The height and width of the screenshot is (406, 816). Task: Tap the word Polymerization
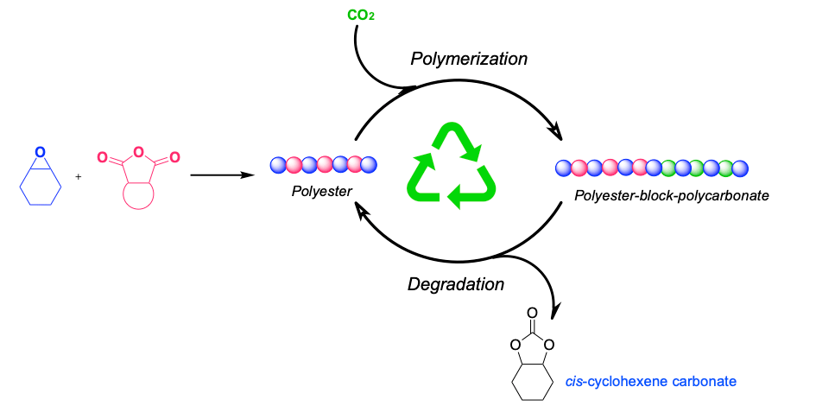468,59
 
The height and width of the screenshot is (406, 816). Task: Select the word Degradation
456,283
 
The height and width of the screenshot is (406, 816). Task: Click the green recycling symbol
452,168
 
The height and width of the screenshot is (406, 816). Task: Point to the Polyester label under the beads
321,191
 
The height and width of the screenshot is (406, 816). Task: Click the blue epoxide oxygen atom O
41,152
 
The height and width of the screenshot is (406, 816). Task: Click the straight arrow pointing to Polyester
221,175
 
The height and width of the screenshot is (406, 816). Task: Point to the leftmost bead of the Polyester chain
277,164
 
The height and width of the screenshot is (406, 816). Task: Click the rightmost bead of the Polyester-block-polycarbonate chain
740,168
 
